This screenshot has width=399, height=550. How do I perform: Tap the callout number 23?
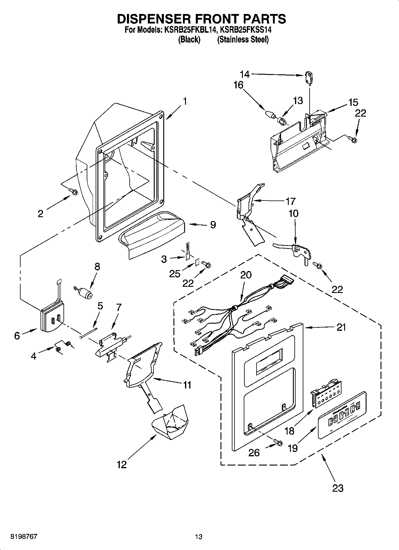pyautogui.click(x=338, y=488)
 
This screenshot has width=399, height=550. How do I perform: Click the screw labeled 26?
pyautogui.click(x=278, y=443)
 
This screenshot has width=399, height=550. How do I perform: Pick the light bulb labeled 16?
pyautogui.click(x=269, y=114)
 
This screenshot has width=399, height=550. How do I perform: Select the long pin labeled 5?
pyautogui.click(x=89, y=332)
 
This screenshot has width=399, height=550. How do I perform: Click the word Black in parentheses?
pyautogui.click(x=189, y=39)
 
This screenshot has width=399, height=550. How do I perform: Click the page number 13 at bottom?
pyautogui.click(x=199, y=537)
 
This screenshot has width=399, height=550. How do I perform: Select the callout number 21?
pyautogui.click(x=341, y=327)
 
